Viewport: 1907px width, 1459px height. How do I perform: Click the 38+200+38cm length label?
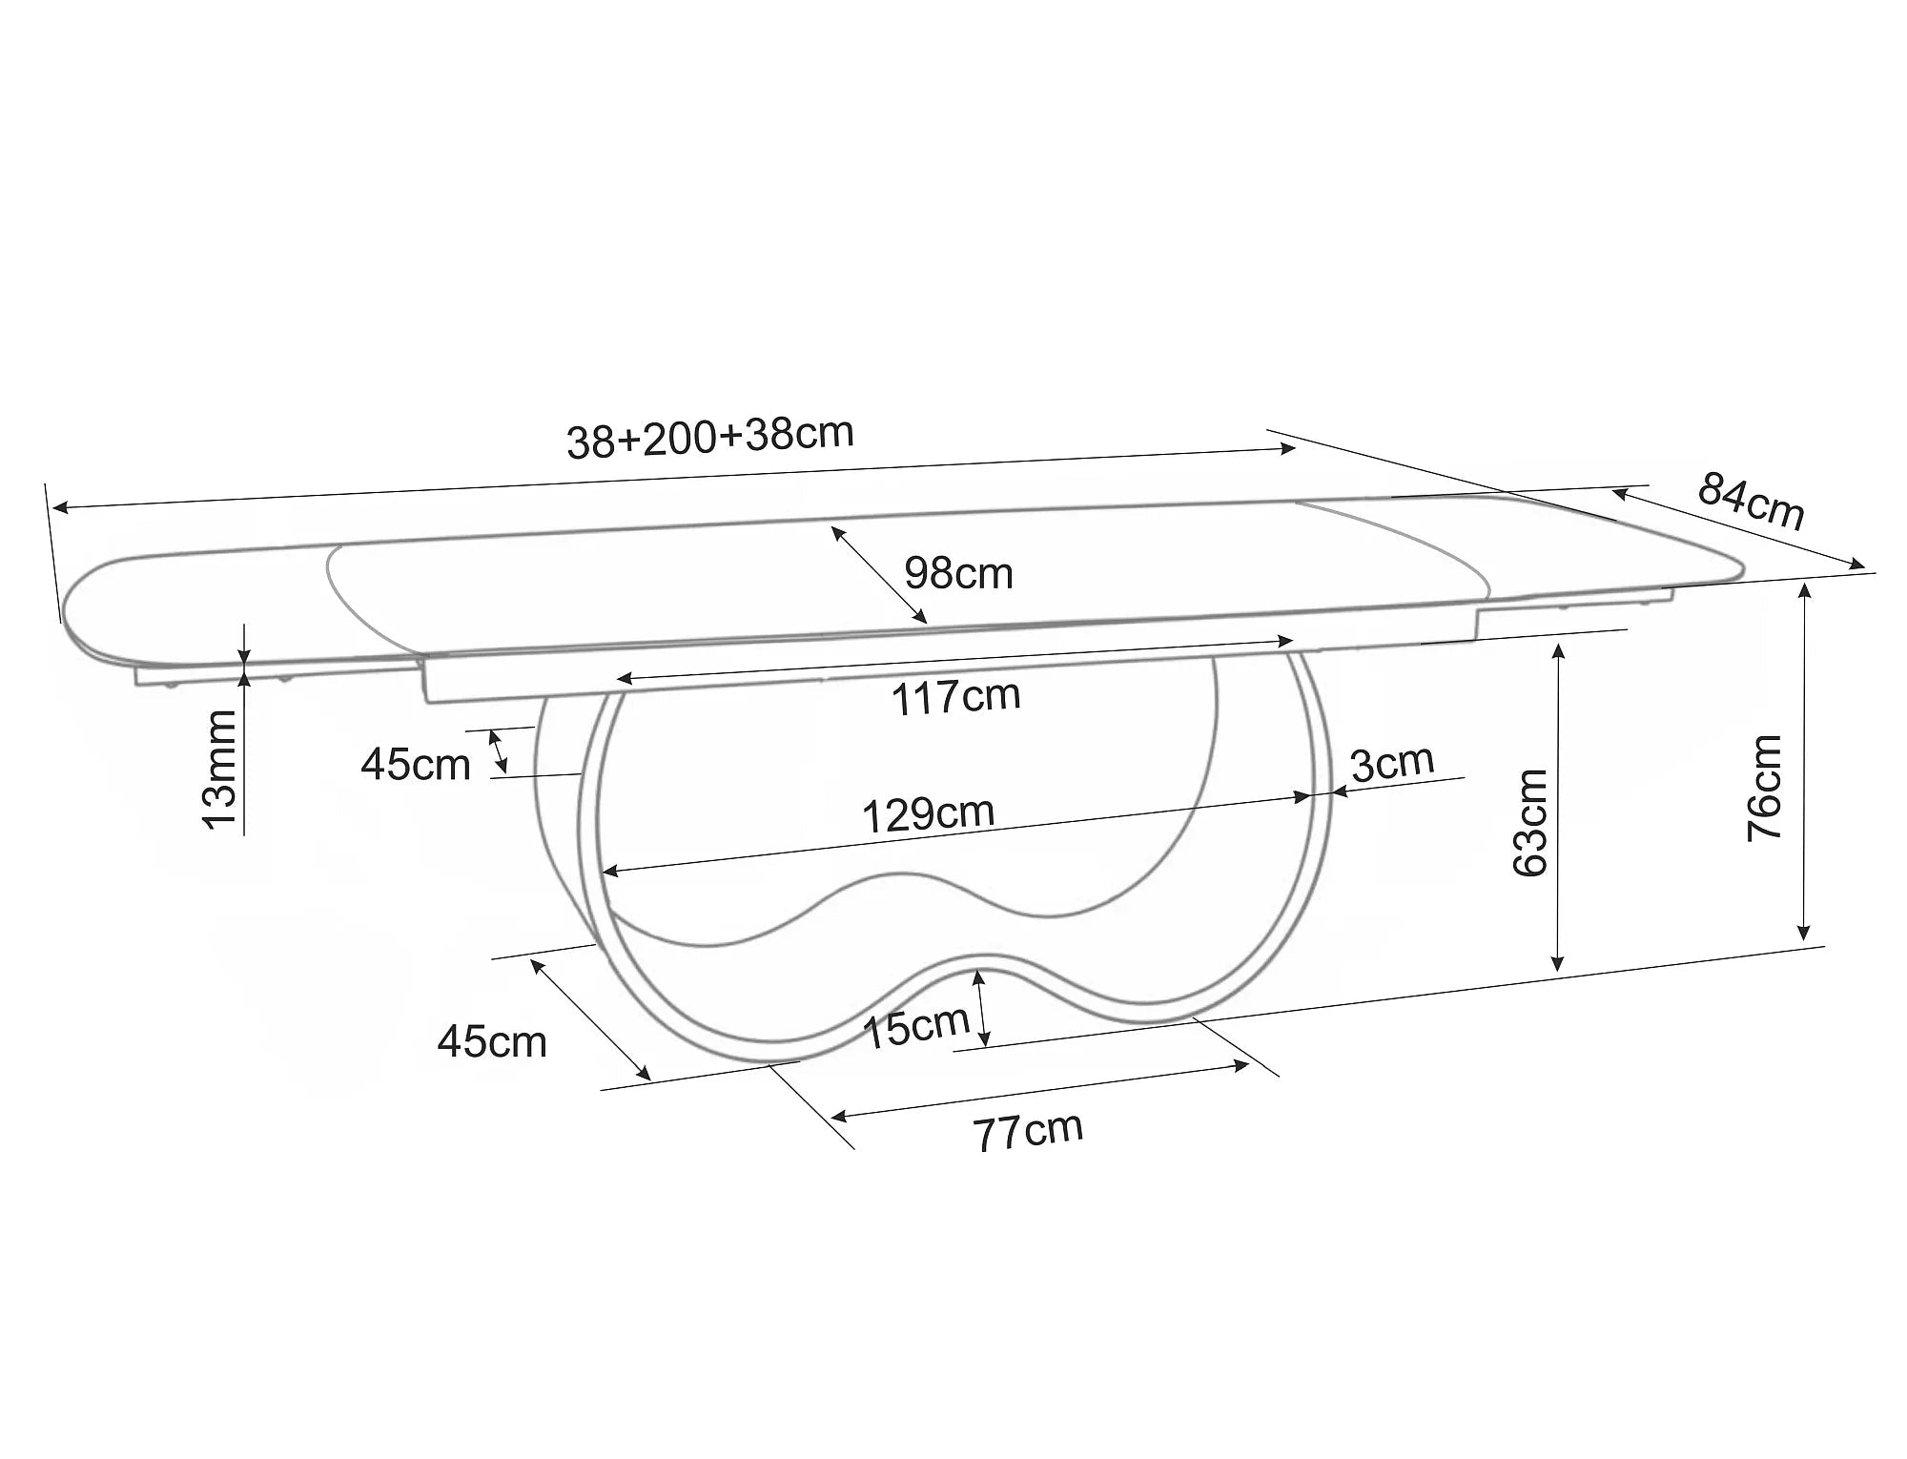(710, 438)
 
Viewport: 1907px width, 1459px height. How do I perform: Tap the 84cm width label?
(1752, 501)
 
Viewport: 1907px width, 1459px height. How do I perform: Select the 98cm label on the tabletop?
(958, 573)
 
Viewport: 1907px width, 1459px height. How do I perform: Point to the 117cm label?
(956, 697)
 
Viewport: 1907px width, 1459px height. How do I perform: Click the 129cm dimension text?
(929, 813)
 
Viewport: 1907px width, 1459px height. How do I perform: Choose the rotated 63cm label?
(1531, 822)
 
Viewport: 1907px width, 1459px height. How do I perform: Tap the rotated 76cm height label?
(1765, 788)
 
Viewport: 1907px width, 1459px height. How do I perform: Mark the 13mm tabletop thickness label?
(221, 770)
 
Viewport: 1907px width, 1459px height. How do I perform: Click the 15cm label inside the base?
(916, 1027)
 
